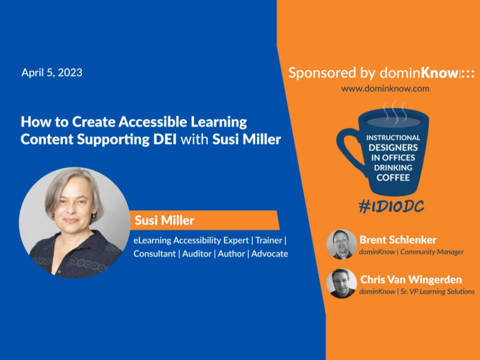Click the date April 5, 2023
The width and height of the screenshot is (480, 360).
[52, 72]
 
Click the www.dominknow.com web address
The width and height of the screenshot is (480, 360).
[385, 89]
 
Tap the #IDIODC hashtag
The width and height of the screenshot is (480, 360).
[391, 206]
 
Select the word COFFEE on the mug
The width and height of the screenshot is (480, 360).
[393, 178]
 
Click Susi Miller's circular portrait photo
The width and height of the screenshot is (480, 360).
[74, 222]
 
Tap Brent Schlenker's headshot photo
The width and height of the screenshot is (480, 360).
[342, 244]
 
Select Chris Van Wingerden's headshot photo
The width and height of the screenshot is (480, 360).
[342, 283]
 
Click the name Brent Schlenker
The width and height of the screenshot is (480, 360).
[398, 240]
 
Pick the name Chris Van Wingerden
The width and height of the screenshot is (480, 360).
[411, 280]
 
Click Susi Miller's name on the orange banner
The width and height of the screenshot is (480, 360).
[164, 221]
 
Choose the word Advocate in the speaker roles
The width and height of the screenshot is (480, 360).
[270, 254]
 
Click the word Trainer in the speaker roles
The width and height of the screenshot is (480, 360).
[269, 240]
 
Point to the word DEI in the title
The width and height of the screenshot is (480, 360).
[165, 139]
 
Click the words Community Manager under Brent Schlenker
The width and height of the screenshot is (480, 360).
[432, 252]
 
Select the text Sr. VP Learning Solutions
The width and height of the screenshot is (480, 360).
[438, 291]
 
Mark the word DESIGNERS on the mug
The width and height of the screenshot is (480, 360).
[393, 148]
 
